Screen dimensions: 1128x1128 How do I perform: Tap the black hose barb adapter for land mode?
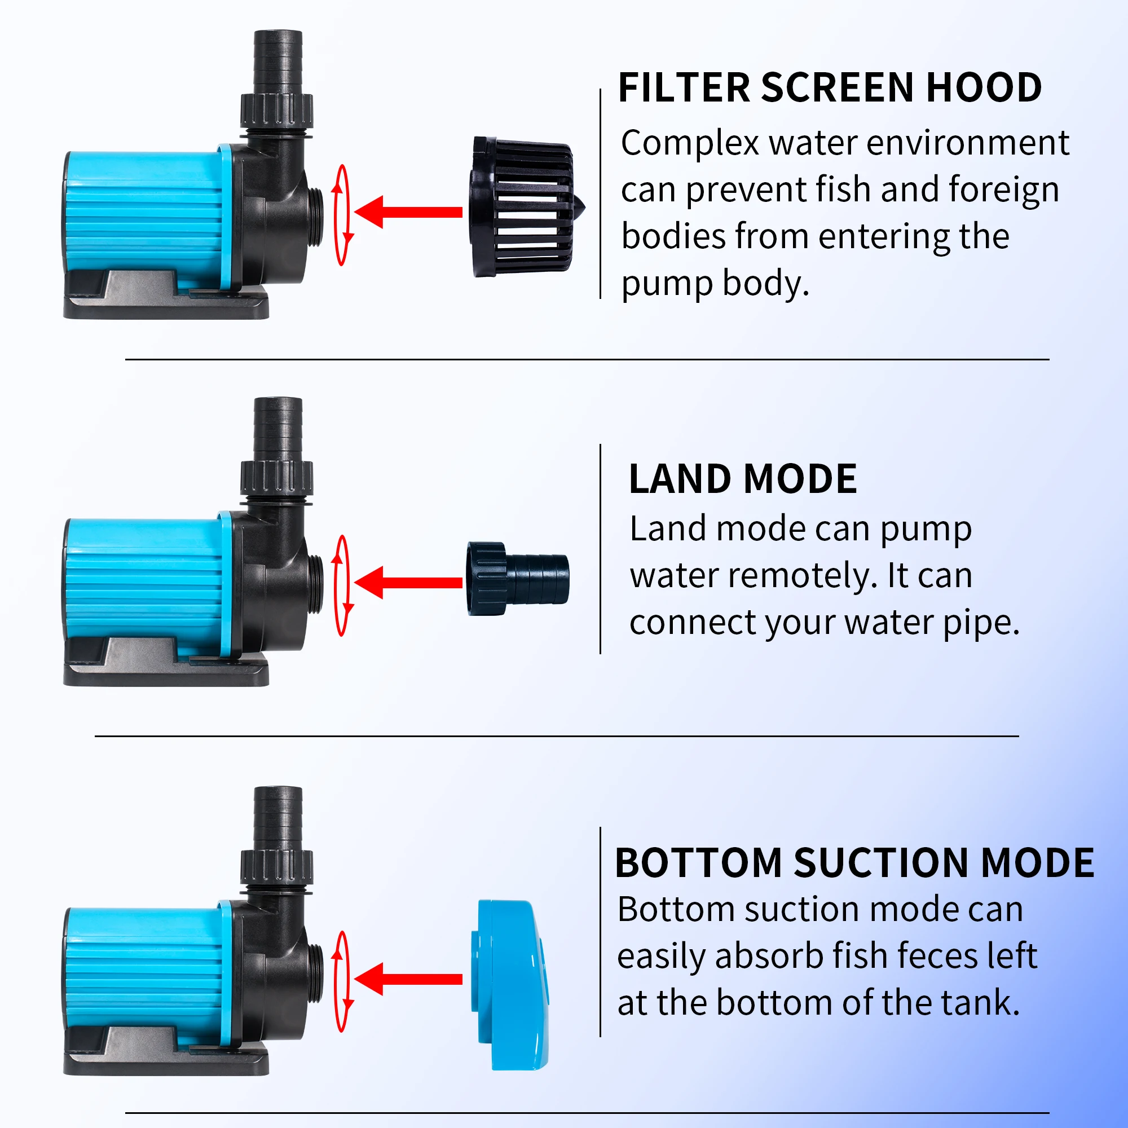[517, 579]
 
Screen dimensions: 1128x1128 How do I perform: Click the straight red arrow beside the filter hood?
[409, 212]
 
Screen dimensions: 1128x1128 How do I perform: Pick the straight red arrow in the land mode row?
[409, 582]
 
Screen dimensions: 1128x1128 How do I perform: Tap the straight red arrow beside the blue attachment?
[409, 979]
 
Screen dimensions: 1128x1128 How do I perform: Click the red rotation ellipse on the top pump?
[342, 215]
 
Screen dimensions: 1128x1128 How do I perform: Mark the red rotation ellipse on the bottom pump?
[342, 981]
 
